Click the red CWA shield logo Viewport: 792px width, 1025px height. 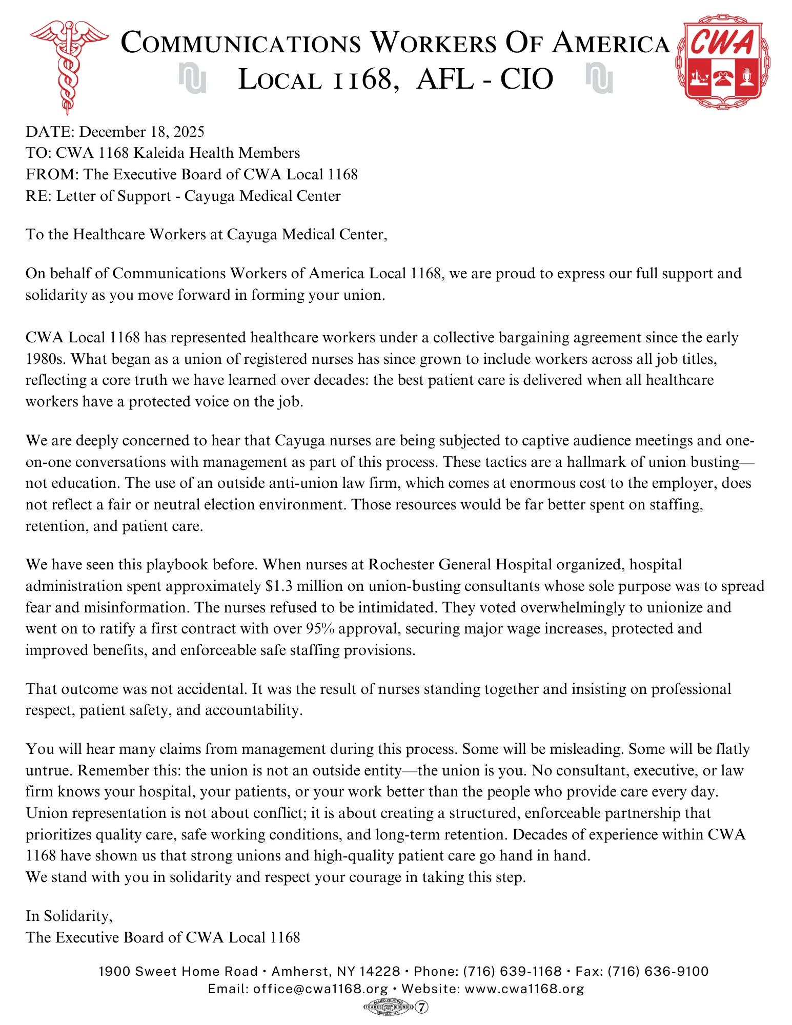click(x=723, y=64)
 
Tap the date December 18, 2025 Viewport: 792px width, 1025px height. click(x=141, y=132)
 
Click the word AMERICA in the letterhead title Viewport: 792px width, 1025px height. click(x=611, y=43)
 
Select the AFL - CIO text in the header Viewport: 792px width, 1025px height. click(x=485, y=79)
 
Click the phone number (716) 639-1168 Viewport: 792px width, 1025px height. click(x=512, y=971)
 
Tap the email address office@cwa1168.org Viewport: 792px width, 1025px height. click(x=320, y=988)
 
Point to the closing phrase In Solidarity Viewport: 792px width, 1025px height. click(x=69, y=915)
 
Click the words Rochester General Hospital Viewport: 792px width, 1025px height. click(x=460, y=564)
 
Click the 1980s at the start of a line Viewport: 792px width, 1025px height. click(x=46, y=359)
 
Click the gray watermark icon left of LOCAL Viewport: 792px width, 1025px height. click(x=192, y=78)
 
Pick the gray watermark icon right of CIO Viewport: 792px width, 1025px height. click(x=599, y=78)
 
